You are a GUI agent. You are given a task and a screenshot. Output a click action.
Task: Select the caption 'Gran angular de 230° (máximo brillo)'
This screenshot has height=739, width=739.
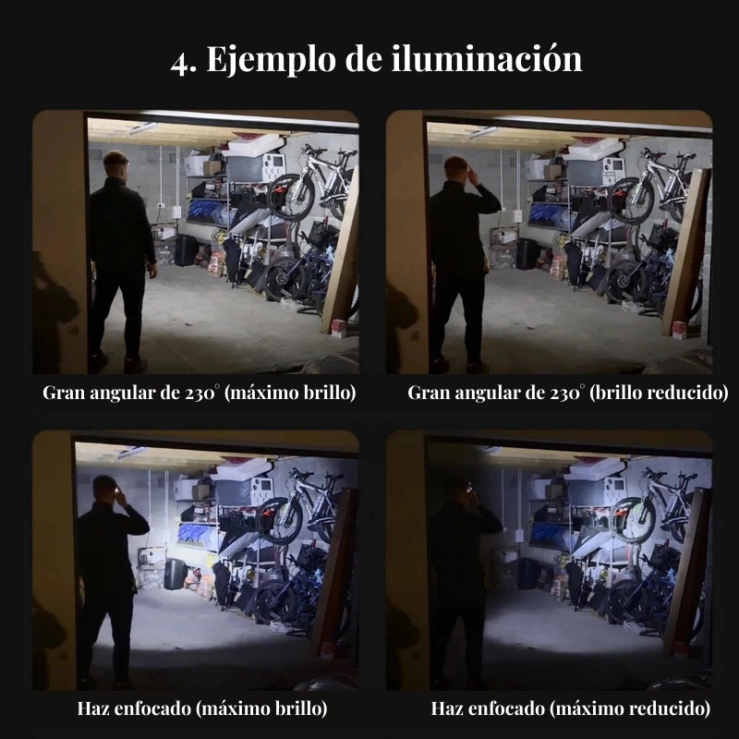pyautogui.click(x=200, y=393)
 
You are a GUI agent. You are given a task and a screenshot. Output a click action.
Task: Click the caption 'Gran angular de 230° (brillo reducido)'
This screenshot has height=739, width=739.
pyautogui.click(x=567, y=393)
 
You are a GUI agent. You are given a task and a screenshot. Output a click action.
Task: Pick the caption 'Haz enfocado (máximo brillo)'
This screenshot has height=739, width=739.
pyautogui.click(x=202, y=709)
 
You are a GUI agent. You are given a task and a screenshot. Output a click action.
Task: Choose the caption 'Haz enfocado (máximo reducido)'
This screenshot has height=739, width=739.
pyautogui.click(x=570, y=709)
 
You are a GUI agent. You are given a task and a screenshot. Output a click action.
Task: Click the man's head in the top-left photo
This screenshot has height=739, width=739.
pyautogui.click(x=115, y=164)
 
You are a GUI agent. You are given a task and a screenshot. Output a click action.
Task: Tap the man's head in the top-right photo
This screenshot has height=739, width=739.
pyautogui.click(x=457, y=169)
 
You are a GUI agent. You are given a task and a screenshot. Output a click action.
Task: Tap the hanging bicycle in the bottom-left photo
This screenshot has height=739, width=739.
pyautogui.click(x=301, y=505)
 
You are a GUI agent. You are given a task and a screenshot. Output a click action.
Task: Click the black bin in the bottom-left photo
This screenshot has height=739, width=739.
pyautogui.click(x=174, y=574)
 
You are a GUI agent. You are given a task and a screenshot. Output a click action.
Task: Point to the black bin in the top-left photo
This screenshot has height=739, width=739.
pyautogui.click(x=187, y=250)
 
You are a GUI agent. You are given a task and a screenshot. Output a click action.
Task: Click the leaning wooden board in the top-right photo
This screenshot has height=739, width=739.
pyautogui.click(x=685, y=254)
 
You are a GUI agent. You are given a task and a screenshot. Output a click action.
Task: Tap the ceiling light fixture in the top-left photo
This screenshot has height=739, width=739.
pyautogui.click(x=143, y=129)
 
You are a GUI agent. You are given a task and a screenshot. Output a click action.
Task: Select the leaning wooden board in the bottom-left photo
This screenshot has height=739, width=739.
pyautogui.click(x=333, y=573)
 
